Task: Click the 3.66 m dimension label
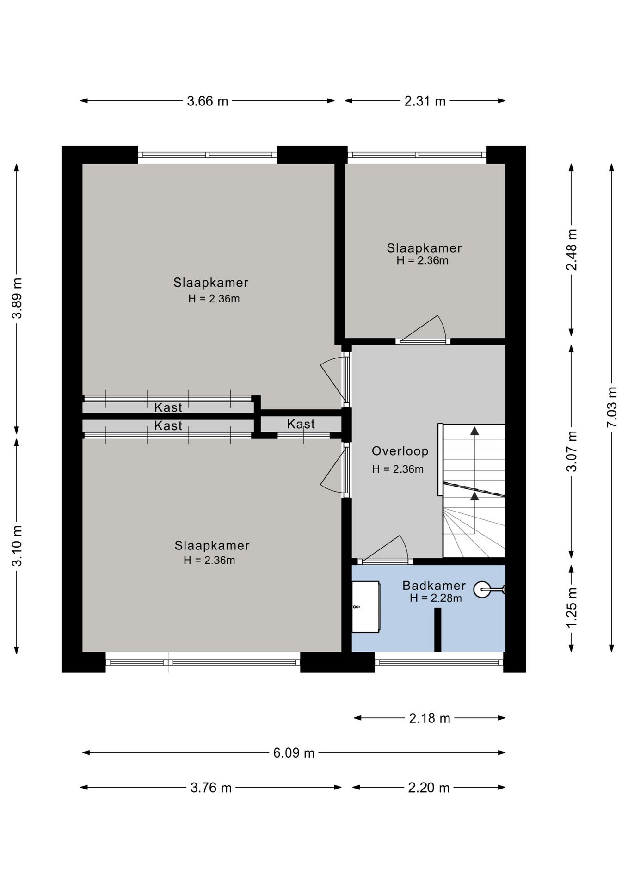(207, 101)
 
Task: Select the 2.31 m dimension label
(425, 101)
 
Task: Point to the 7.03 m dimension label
(612, 407)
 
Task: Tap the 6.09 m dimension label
(294, 753)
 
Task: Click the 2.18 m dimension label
(430, 718)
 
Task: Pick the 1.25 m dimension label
(572, 607)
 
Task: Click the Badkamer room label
(434, 586)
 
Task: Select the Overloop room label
(400, 451)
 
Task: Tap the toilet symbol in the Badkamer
(489, 589)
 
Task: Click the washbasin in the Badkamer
(366, 607)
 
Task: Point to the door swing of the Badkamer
(386, 549)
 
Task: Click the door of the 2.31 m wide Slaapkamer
(423, 329)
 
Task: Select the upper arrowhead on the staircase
(474, 431)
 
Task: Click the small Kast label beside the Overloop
(301, 424)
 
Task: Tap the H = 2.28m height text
(436, 598)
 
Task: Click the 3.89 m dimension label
(17, 298)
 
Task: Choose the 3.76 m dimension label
(211, 788)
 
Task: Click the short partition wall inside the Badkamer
(437, 629)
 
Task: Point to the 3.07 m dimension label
(572, 451)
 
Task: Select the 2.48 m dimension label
(572, 250)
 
